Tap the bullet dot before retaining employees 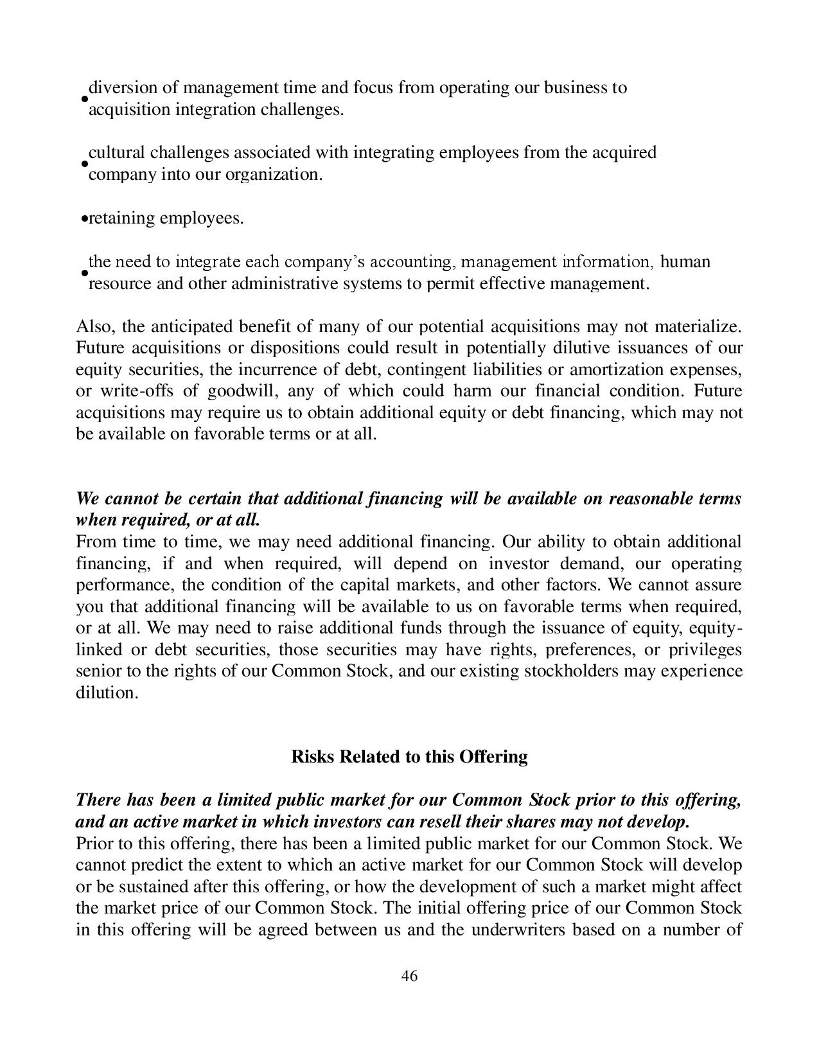pyautogui.click(x=84, y=220)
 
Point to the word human pyautogui.click(x=685, y=262)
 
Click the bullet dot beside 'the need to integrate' pyautogui.click(x=84, y=273)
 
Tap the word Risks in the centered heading pyautogui.click(x=313, y=757)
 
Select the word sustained pyautogui.click(x=152, y=887)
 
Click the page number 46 pyautogui.click(x=409, y=976)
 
